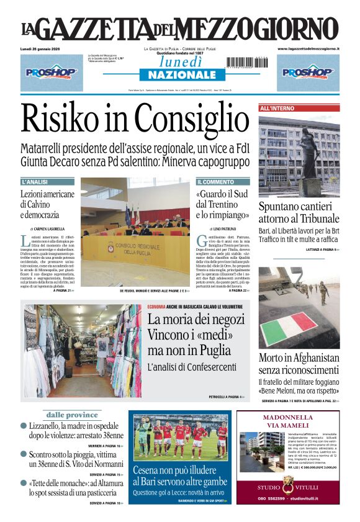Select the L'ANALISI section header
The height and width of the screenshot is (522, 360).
[35, 182]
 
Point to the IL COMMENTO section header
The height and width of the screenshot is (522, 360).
[215, 182]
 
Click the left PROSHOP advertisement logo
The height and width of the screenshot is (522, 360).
[52, 73]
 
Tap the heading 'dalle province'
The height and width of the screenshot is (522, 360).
[71, 415]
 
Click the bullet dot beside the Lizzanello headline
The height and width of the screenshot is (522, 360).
[24, 426]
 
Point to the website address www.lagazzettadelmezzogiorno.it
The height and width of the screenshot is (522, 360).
[308, 48]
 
